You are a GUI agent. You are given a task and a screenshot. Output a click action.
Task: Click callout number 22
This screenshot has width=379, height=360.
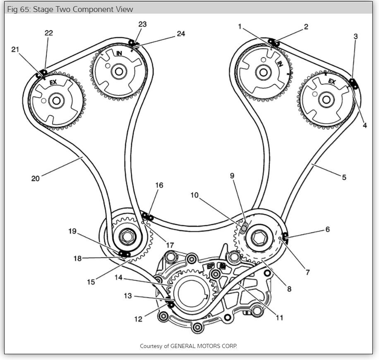(x=49, y=33)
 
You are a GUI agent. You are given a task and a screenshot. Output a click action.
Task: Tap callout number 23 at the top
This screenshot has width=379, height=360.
(x=142, y=24)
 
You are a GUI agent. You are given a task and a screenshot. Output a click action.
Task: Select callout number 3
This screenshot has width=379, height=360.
(x=355, y=37)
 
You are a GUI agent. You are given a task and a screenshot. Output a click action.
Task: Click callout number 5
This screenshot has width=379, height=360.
(x=344, y=178)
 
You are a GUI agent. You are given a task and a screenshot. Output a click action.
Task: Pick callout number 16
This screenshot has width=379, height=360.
(x=159, y=185)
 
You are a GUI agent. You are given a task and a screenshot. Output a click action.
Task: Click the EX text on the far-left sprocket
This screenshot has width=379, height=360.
(x=53, y=83)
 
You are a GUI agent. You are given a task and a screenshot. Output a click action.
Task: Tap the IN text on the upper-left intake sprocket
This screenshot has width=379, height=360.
(x=119, y=53)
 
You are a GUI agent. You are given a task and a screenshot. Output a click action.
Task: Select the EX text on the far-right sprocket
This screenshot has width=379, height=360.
(x=332, y=82)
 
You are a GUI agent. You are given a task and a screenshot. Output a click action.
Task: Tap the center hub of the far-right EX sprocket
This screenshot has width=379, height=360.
(x=326, y=99)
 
